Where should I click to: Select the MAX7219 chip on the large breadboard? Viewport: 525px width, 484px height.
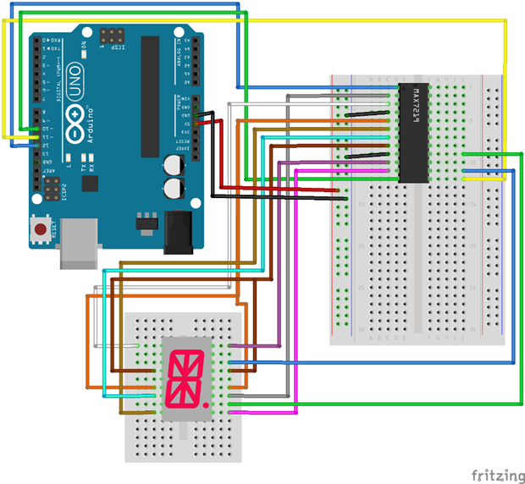414,132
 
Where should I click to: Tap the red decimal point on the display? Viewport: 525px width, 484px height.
207,406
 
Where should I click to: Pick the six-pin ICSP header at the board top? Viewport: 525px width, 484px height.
113,36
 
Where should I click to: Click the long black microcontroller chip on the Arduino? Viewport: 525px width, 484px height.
150,97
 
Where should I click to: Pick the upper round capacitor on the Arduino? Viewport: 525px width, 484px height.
173,162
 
